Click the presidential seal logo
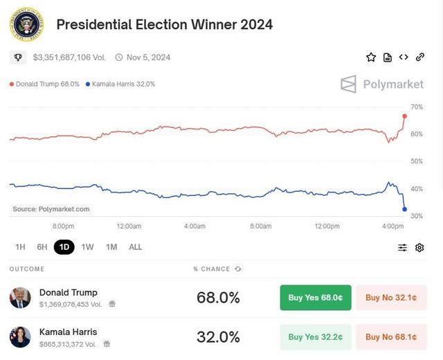[27, 24]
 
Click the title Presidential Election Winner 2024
[164, 24]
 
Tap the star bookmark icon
[371, 57]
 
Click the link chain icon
[420, 57]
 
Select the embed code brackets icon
[404, 57]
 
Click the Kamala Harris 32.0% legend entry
[120, 84]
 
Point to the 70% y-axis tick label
[417, 107]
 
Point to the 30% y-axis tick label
[417, 216]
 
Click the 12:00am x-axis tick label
[129, 226]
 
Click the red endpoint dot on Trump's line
[405, 116]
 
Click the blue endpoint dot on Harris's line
[405, 209]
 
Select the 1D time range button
[64, 247]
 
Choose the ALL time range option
[136, 247]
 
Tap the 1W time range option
[87, 247]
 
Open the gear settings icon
[419, 247]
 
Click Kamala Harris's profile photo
[20, 336]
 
